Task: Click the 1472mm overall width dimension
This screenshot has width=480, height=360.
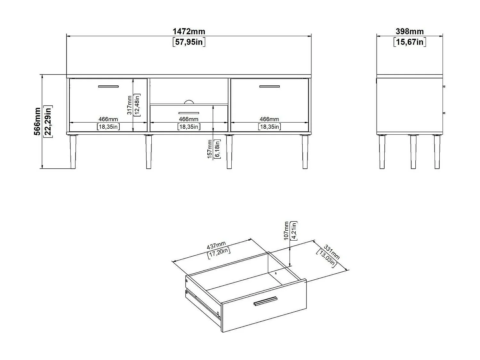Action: coord(189,31)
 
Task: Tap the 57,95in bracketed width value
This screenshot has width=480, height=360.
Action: coord(189,42)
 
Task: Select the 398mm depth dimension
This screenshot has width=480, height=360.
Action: coord(410,31)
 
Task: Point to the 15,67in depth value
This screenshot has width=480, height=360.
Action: coord(410,42)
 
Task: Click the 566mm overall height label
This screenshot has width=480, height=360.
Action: coord(38,122)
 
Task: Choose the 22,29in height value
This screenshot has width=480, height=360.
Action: coord(48,122)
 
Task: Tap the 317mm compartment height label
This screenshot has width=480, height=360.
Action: coord(129,105)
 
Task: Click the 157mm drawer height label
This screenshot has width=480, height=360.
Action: coord(210,149)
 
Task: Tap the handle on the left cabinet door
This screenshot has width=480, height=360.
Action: coord(108,86)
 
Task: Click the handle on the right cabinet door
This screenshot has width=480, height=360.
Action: coord(269,86)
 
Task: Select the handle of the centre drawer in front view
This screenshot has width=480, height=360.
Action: coord(189,113)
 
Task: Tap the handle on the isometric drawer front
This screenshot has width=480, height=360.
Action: coord(265,301)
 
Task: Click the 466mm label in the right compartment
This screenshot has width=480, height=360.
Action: coord(269,119)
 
